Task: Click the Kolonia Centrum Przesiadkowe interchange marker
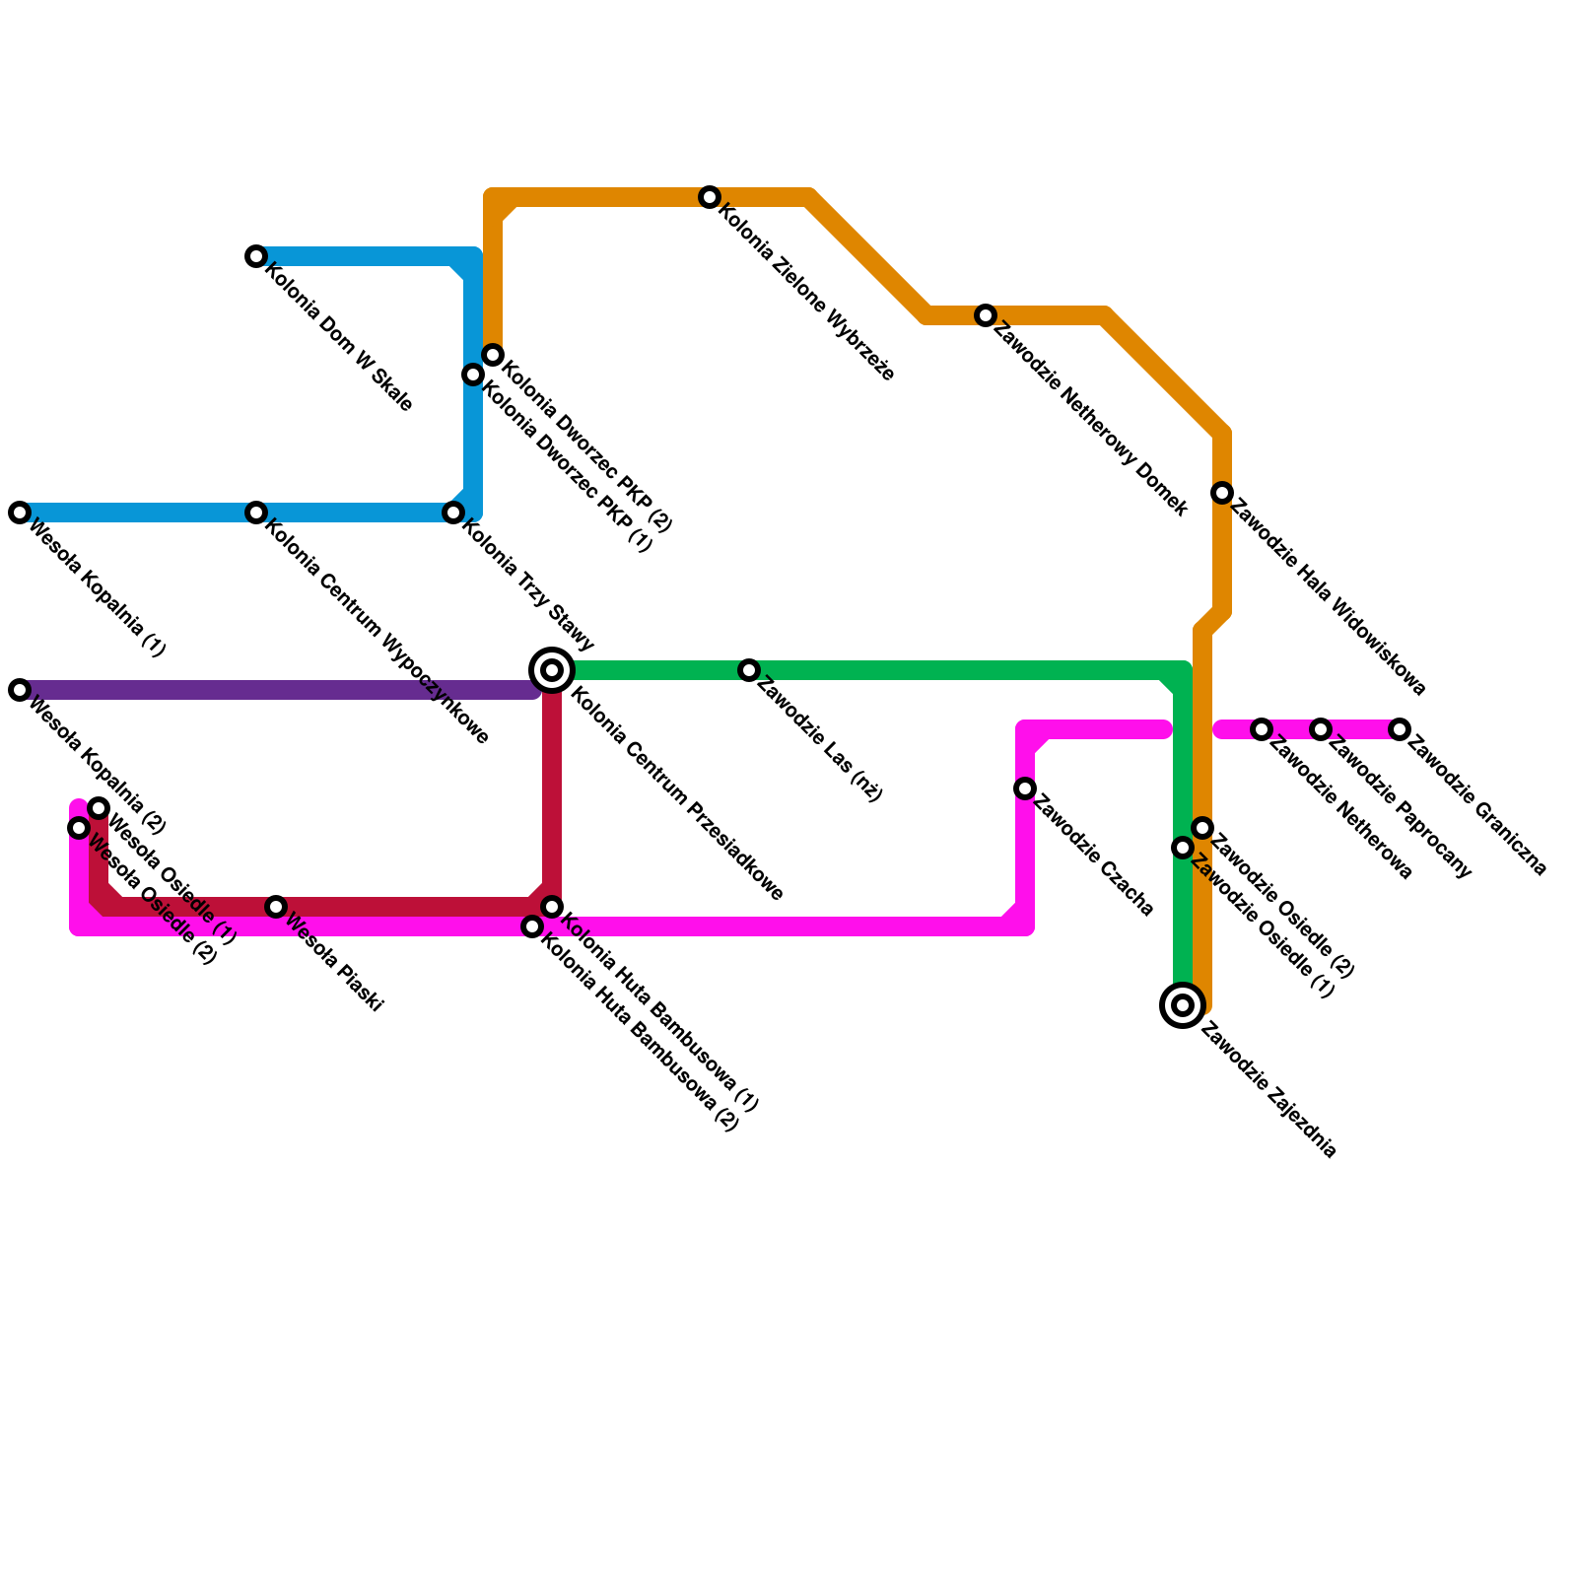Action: [553, 671]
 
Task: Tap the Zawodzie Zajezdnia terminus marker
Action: [1183, 1005]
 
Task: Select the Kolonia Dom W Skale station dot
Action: [256, 257]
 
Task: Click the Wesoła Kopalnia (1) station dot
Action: [20, 513]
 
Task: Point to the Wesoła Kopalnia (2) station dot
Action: [20, 690]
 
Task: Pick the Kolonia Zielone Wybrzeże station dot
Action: [710, 197]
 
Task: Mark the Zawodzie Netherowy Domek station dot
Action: [986, 315]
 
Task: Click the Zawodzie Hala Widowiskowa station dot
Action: [1222, 493]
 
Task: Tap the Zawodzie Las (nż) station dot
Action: [749, 671]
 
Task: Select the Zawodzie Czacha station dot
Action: [1025, 788]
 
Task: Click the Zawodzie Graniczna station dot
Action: [1400, 729]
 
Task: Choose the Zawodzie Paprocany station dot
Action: [1321, 729]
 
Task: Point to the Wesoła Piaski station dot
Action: [277, 907]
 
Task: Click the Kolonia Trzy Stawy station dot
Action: [453, 513]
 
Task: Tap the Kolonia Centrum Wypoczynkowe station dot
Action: [256, 513]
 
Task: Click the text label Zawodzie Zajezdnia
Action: [1269, 1094]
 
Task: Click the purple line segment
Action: [276, 690]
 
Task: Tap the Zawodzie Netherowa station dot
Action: [1262, 729]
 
